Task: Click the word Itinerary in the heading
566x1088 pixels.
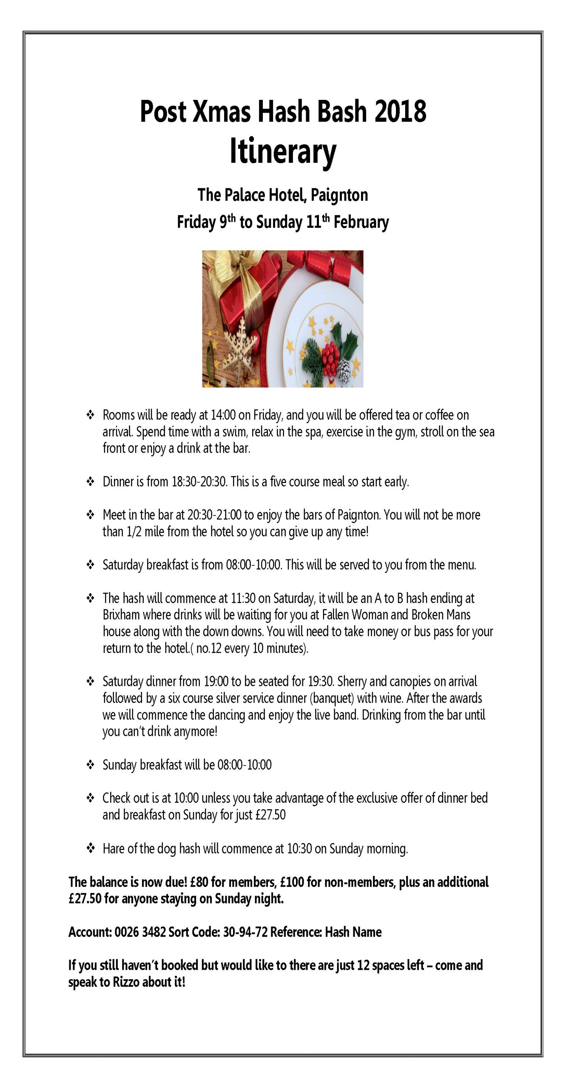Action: point(283,151)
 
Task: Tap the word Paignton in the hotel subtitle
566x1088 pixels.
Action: point(339,195)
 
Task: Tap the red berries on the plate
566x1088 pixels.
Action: point(330,355)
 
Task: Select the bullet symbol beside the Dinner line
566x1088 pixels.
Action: point(91,482)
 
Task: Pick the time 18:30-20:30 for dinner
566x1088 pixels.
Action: point(199,482)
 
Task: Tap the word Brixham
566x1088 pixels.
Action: point(121,615)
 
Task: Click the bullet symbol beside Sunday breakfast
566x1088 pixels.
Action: point(91,765)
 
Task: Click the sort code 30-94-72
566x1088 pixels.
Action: point(245,932)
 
